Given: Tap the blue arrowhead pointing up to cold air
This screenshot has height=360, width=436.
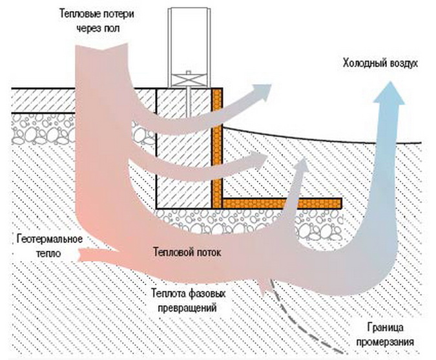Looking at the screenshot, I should (x=391, y=98).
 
